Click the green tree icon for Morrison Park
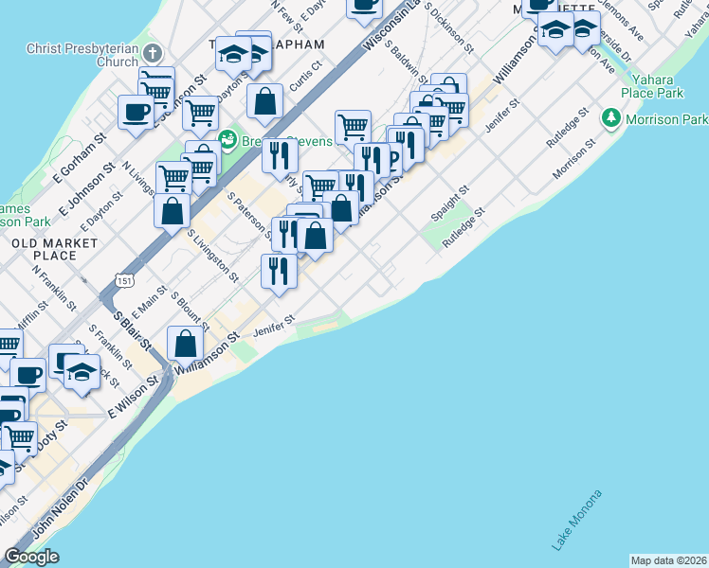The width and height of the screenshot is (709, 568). click(x=611, y=120)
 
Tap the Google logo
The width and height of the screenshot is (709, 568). click(x=31, y=557)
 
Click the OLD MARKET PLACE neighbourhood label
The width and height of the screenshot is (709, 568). click(x=54, y=249)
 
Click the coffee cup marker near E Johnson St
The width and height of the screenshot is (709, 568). click(x=136, y=113)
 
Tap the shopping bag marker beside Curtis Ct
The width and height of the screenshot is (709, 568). click(x=265, y=100)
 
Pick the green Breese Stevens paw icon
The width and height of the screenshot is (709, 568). click(x=227, y=141)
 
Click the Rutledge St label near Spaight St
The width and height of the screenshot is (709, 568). click(x=463, y=225)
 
